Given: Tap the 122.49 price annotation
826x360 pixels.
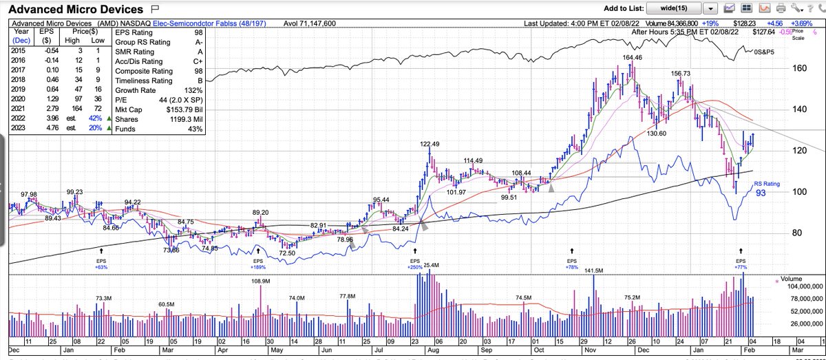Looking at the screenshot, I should [x=430, y=144].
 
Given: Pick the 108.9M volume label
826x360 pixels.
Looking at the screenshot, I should [x=260, y=281].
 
